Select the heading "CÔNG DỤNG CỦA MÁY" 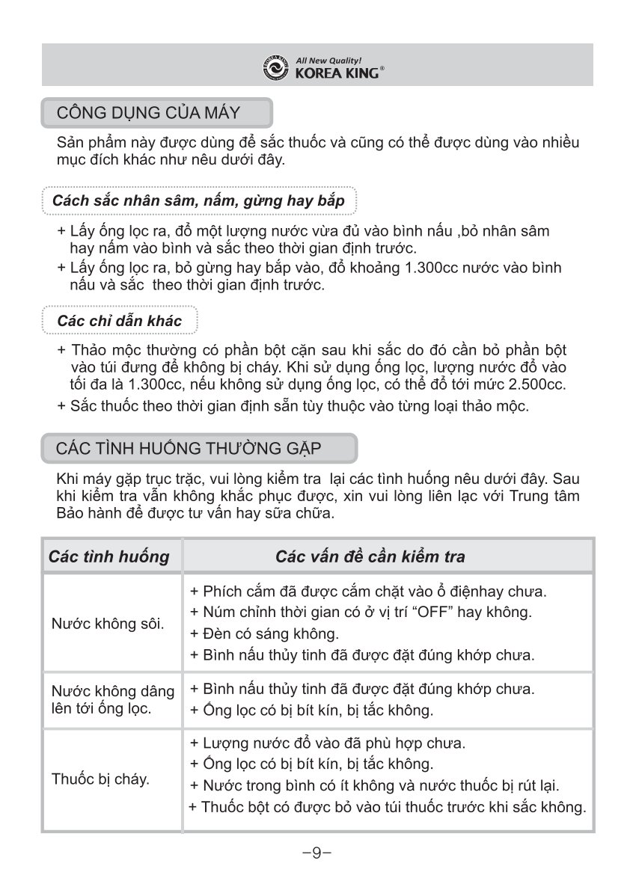coord(148,114)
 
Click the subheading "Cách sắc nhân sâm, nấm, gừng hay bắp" coord(199,201)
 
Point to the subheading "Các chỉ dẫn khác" coord(120,321)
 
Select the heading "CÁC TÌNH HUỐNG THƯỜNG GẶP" coord(189,449)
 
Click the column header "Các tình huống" coord(109,556)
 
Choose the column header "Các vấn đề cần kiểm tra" coord(370,556)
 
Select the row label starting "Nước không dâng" coord(113,691)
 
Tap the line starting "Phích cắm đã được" coord(369,591)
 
